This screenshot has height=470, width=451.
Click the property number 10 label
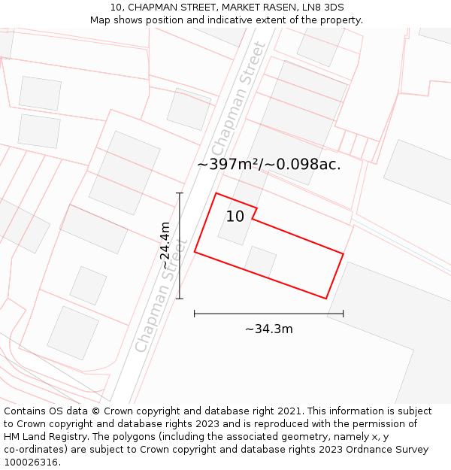coord(235,217)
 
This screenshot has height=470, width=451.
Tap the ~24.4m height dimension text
coord(166,245)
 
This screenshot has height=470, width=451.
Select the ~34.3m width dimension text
coord(268,329)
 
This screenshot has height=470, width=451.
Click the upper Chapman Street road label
coord(239,96)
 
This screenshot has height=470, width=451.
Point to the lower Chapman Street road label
coord(159,297)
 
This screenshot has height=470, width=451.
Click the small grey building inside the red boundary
coord(260,261)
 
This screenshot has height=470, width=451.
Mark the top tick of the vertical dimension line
coord(180,193)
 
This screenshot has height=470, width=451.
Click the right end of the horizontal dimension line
coord(344,313)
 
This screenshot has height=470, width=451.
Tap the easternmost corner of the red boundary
coord(344,254)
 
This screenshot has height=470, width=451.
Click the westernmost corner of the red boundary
coord(195,251)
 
